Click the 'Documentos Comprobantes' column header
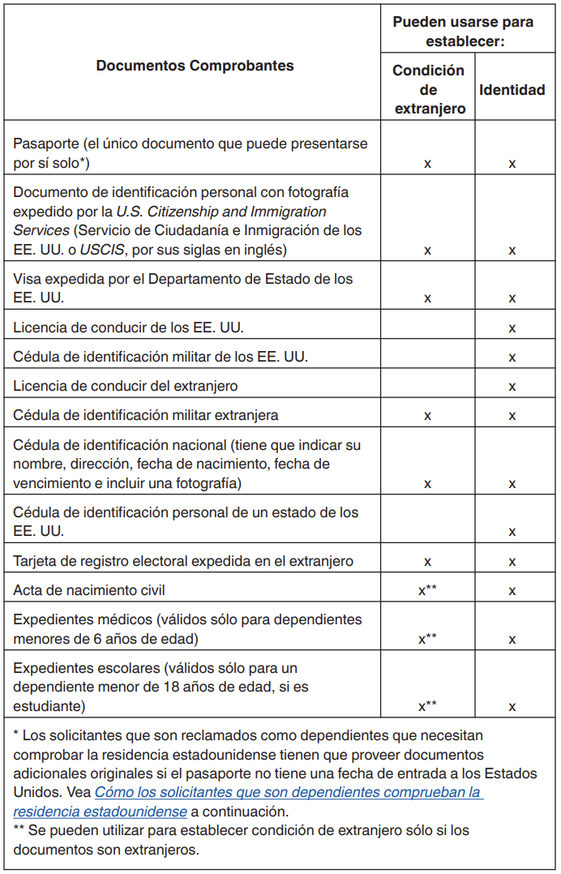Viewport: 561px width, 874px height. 195,66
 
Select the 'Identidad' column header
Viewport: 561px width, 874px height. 512,89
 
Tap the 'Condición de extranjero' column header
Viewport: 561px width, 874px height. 428,89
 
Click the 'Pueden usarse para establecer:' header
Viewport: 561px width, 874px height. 463,31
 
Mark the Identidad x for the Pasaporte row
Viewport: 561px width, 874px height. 512,164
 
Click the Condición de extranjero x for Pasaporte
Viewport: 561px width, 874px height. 427,164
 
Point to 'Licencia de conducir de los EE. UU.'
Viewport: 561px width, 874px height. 128,328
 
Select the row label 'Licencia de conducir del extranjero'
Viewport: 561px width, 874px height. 126,386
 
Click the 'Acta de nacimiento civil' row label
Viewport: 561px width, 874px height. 89,589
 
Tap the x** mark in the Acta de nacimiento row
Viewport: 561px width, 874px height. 427,590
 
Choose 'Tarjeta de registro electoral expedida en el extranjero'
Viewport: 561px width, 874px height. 183,560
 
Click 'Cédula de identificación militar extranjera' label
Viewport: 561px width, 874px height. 146,415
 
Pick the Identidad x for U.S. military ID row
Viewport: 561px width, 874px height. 512,358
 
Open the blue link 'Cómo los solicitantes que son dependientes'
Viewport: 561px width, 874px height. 289,792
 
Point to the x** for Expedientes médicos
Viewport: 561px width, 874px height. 427,639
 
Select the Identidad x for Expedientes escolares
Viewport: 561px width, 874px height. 512,707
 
